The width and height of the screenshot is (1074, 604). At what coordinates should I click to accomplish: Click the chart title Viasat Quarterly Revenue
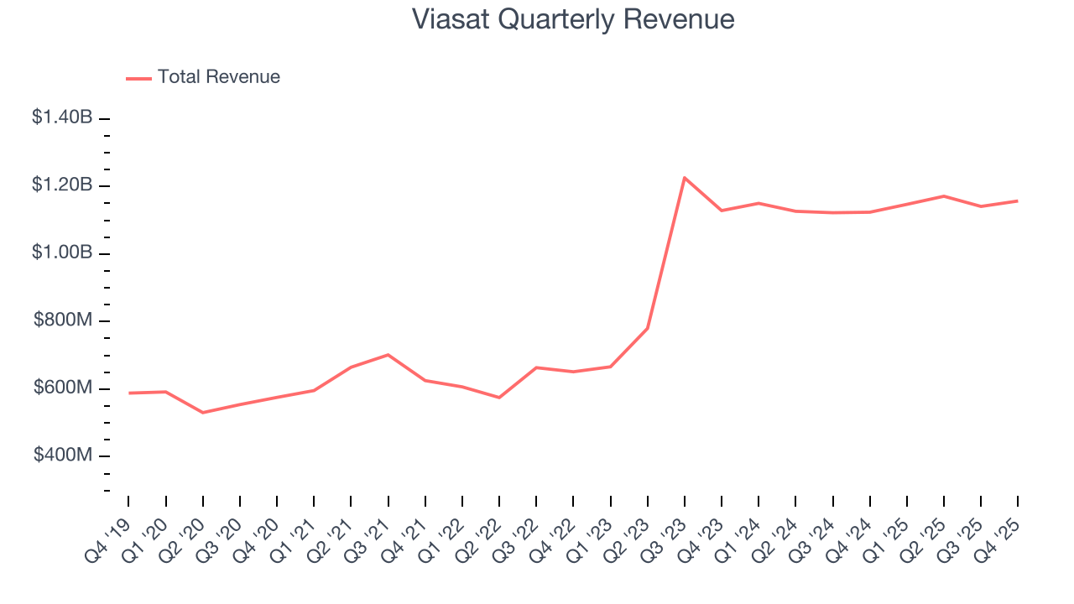coord(573,19)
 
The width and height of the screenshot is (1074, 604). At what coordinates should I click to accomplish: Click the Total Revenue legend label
coord(218,77)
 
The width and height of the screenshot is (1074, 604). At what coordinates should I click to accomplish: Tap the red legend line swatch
coord(138,78)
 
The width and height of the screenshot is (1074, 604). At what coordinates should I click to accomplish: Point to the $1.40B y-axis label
coord(62,117)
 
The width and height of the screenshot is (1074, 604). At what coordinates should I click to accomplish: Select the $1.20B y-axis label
coord(62,185)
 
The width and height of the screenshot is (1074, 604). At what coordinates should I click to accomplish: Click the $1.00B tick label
coord(62,253)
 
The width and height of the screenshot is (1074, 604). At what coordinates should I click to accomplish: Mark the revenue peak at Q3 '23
coord(685,178)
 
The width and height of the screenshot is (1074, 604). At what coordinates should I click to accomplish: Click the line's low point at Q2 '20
coord(203,413)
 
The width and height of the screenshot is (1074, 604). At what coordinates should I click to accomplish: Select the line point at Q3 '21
coord(388,355)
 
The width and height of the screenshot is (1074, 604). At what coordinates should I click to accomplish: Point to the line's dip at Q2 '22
coord(499,398)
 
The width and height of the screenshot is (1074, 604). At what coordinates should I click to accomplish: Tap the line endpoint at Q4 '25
coord(1018,200)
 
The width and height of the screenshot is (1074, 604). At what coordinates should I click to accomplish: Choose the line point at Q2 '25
coord(944,196)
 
